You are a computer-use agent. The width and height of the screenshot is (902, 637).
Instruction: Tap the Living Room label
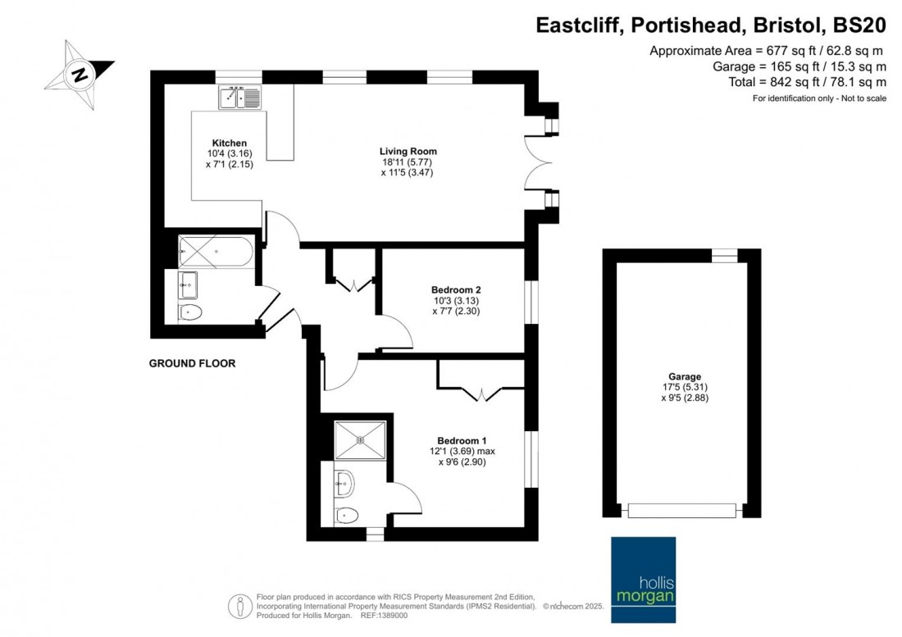[408, 151]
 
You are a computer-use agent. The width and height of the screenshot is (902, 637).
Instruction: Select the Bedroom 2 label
[456, 290]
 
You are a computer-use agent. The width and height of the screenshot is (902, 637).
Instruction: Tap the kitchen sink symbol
[239, 98]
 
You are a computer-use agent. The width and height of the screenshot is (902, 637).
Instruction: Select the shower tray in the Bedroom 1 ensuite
[360, 439]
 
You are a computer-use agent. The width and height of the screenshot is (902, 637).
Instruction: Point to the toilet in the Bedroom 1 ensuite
[348, 516]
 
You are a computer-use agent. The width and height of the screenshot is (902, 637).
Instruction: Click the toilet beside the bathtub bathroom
[192, 312]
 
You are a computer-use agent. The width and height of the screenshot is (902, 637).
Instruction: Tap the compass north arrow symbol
[80, 75]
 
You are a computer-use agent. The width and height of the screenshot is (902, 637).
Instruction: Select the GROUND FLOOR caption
[192, 363]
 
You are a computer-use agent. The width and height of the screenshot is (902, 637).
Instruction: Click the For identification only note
[819, 98]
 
